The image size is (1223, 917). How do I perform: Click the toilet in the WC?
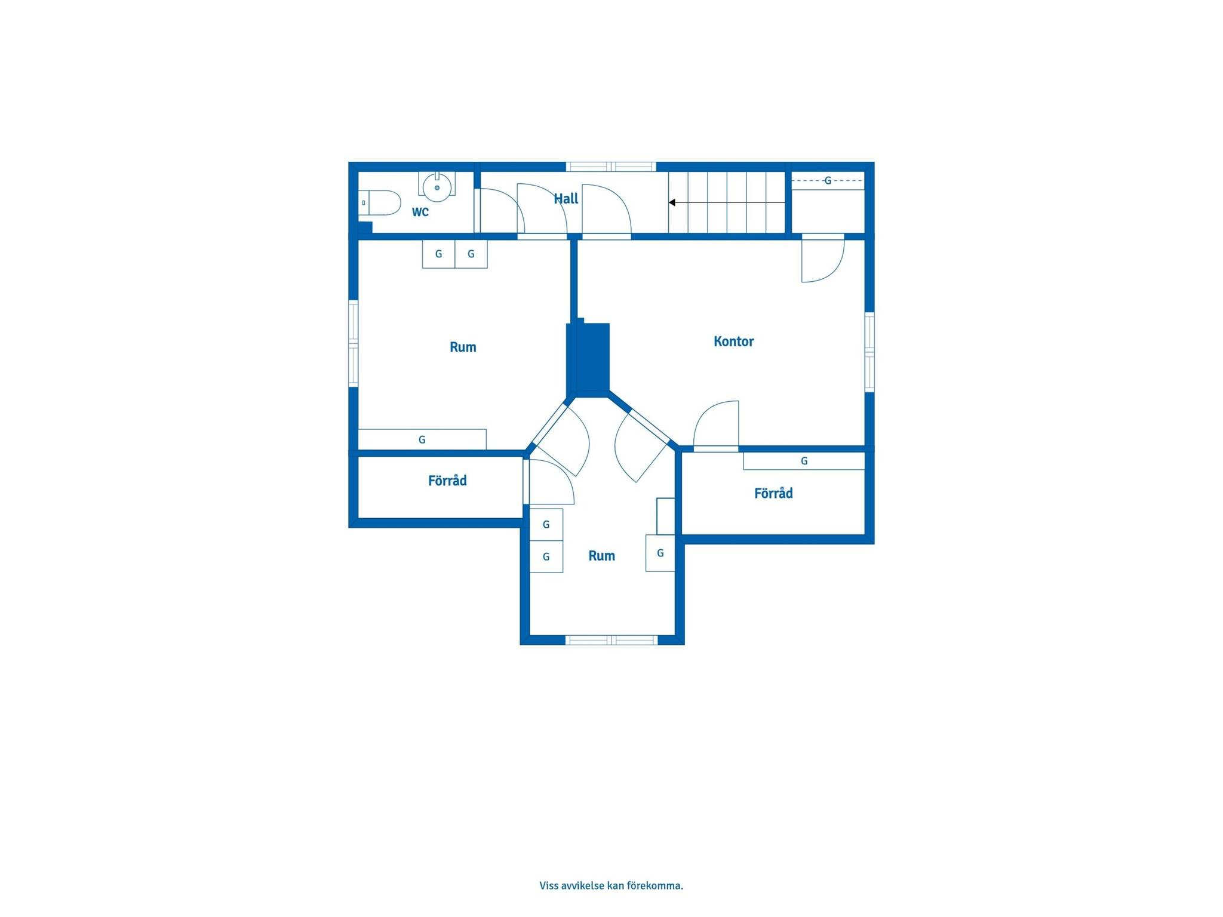[x=380, y=203]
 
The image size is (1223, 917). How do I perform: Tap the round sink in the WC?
[x=437, y=187]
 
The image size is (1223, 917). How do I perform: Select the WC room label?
[x=420, y=212]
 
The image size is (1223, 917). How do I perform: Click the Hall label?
[x=566, y=199]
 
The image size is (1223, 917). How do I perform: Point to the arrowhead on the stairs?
[x=672, y=203]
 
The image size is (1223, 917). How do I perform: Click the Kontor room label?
[x=734, y=341]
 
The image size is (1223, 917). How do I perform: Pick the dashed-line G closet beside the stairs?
[x=828, y=181]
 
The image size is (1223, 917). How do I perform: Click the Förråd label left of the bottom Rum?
[x=447, y=481]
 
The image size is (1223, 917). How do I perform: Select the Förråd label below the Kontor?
[x=773, y=493]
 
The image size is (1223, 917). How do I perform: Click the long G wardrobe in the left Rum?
[x=422, y=439]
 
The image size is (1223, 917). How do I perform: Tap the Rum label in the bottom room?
[x=601, y=556]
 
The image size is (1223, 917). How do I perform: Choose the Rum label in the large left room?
[x=463, y=347]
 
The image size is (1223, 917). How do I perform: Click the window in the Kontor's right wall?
[x=869, y=352]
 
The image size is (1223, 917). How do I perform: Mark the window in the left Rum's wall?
[x=354, y=343]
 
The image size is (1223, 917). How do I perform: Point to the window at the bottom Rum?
[x=611, y=640]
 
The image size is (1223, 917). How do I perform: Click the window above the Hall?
[x=611, y=167]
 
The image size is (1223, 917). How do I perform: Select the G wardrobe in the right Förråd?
[x=804, y=461]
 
